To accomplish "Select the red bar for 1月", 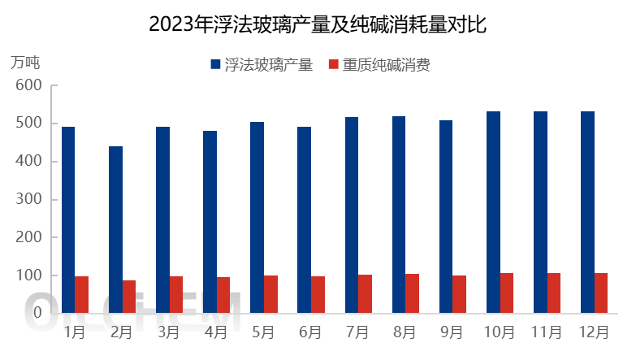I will tap(81, 294).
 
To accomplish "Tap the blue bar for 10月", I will tap(493, 212).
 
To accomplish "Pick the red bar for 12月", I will tap(601, 293).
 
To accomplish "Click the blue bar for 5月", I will tap(257, 217).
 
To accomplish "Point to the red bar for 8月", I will tap(412, 293).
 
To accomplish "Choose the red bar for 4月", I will tap(223, 295).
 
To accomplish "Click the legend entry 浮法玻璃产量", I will tap(262, 65).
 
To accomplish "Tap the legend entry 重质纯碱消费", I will tap(379, 65).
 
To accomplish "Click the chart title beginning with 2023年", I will tap(318, 24).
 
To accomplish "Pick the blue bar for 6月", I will tap(304, 219).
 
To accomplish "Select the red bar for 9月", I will tap(459, 294).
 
